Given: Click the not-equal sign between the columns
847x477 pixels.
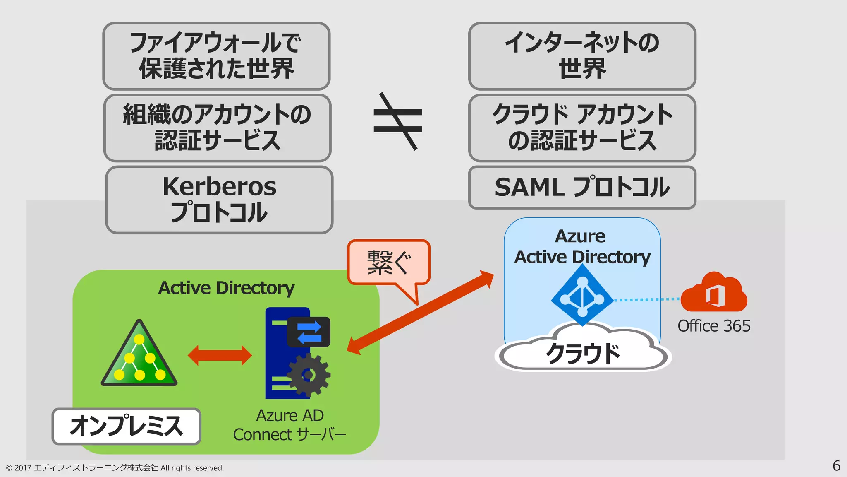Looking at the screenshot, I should [398, 121].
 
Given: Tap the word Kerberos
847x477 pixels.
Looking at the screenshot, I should [219, 186].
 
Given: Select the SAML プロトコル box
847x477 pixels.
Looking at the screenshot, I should [582, 187].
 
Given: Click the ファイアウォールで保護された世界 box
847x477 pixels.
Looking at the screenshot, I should [216, 56].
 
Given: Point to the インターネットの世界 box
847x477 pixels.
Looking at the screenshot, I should [582, 56].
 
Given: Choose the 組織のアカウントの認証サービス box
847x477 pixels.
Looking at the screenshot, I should [217, 128].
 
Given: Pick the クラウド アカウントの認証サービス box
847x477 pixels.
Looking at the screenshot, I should [582, 128].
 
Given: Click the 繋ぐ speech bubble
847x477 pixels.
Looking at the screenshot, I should [389, 263].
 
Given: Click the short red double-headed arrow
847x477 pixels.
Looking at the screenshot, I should [220, 355].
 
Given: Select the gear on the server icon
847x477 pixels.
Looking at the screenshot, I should [308, 375].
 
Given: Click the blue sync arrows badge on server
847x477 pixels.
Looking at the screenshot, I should [309, 332].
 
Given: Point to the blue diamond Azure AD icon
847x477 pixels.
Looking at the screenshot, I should [582, 296].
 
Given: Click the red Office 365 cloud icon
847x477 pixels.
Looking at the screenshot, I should [714, 293].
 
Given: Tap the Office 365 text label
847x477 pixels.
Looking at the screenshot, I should [714, 326].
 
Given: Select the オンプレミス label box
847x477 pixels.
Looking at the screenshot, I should [126, 426].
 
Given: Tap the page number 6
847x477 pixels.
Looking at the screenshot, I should [836, 465].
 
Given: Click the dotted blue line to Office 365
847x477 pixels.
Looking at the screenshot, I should [646, 299].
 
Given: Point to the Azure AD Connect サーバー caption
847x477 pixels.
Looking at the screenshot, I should [290, 425].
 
